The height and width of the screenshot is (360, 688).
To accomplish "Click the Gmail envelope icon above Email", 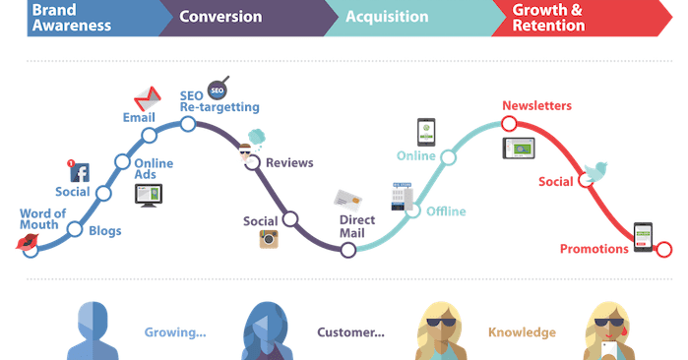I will click(x=147, y=98).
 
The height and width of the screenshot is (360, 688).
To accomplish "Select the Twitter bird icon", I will click(x=594, y=174).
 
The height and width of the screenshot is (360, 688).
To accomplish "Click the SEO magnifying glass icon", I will click(x=219, y=90).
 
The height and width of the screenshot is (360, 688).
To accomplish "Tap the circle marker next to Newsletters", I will click(x=509, y=124).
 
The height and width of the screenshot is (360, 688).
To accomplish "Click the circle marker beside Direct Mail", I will click(x=347, y=251).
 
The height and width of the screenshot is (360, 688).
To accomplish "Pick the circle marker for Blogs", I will click(x=75, y=229).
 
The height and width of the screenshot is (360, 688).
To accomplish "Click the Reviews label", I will click(x=289, y=163).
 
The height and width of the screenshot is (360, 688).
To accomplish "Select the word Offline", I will click(x=446, y=211).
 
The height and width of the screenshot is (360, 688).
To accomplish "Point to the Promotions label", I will click(x=594, y=249).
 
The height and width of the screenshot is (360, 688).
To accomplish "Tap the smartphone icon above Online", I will click(x=425, y=132).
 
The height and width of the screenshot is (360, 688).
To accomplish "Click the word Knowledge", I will click(x=522, y=332).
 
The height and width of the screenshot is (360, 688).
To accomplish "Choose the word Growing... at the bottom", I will click(x=175, y=332).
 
